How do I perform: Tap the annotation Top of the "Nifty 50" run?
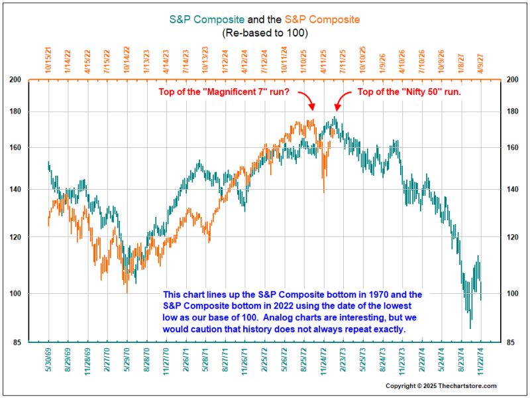[x=409, y=92]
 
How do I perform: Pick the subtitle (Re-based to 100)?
[x=265, y=33]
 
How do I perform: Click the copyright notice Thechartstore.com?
[x=441, y=385]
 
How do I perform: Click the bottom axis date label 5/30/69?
[x=49, y=364]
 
